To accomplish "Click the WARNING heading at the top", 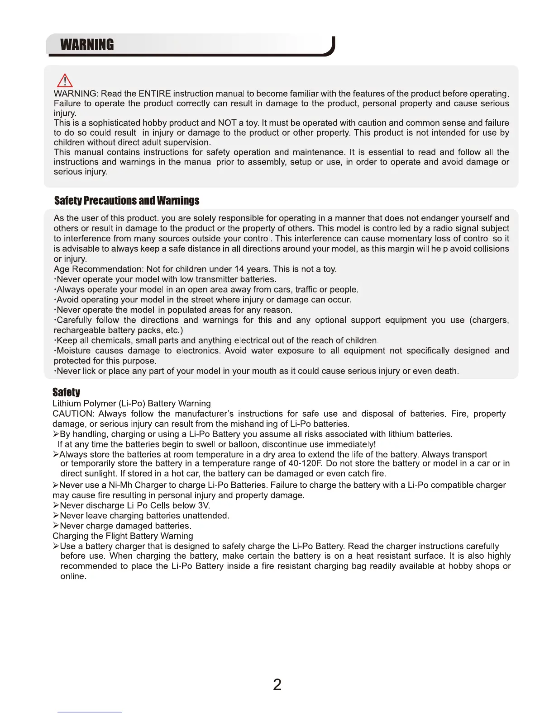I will pyautogui.click(x=87, y=45).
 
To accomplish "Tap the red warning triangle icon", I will pyautogui.click(x=65, y=80).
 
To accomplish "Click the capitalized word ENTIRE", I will pyautogui.click(x=154, y=94).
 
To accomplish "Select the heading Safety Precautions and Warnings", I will pyautogui.click(x=127, y=201).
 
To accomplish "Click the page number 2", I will pyautogui.click(x=277, y=684).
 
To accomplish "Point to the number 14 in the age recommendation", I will pyautogui.click(x=239, y=269).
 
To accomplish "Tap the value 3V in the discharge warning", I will pyautogui.click(x=204, y=505).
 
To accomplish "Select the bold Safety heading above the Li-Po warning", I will pyautogui.click(x=66, y=392).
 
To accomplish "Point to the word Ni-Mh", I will pyautogui.click(x=120, y=485).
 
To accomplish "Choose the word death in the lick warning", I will pyautogui.click(x=446, y=371).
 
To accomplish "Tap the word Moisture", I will pyautogui.click(x=73, y=351).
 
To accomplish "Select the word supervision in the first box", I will pyautogui.click(x=186, y=142).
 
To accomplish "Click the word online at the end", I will pyautogui.click(x=72, y=576).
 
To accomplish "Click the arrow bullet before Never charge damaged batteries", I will pyautogui.click(x=56, y=526).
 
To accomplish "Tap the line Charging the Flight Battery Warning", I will pyautogui.click(x=123, y=536).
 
